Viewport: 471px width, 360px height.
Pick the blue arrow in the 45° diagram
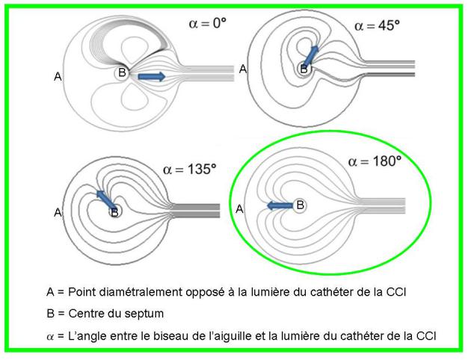point(310,55)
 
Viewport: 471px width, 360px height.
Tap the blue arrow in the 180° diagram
point(280,205)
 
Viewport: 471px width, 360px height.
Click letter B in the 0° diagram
point(121,74)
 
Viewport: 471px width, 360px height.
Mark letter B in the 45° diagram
point(304,69)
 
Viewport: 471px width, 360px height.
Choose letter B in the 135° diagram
point(114,212)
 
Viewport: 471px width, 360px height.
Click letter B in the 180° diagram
point(300,204)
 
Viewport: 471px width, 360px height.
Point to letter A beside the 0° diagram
point(58,76)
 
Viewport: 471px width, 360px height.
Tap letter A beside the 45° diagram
point(242,68)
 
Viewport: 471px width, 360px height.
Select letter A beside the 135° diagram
point(58,213)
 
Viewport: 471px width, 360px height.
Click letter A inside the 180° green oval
point(240,210)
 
